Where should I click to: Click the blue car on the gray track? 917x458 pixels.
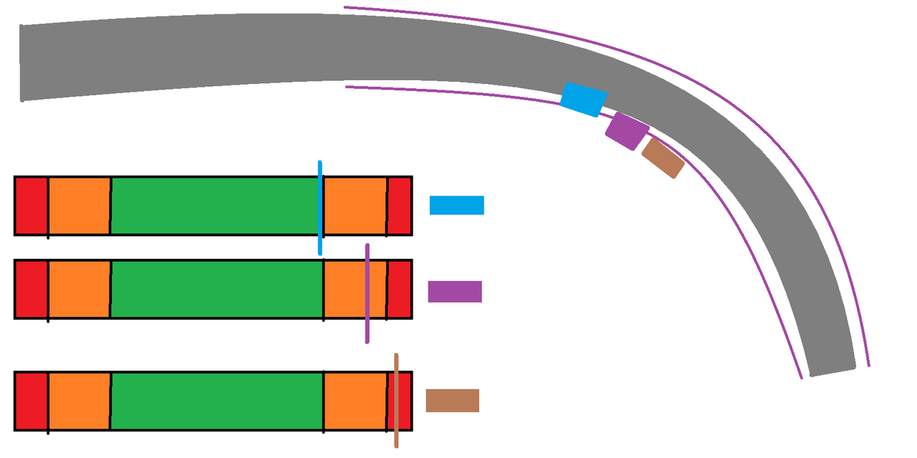click(583, 100)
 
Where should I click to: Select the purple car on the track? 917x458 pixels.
click(627, 131)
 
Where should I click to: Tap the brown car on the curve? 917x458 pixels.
click(663, 158)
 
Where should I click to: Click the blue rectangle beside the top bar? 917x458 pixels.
click(456, 205)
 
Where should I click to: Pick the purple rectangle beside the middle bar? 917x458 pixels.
click(455, 292)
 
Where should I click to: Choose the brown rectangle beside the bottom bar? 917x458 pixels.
click(452, 401)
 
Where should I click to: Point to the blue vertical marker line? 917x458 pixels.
click(320, 208)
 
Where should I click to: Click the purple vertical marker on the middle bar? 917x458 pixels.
click(368, 293)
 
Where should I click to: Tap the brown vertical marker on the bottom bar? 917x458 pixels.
click(395, 401)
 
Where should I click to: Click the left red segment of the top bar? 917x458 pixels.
click(32, 205)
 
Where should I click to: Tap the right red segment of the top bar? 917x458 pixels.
click(400, 205)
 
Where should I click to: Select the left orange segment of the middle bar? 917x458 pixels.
click(79, 289)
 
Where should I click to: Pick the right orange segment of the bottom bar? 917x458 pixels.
click(355, 401)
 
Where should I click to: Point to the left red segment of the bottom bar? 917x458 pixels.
click(32, 401)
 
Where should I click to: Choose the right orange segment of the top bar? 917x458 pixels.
click(355, 205)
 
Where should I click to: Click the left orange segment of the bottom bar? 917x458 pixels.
click(79, 401)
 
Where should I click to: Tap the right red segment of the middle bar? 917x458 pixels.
click(400, 289)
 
